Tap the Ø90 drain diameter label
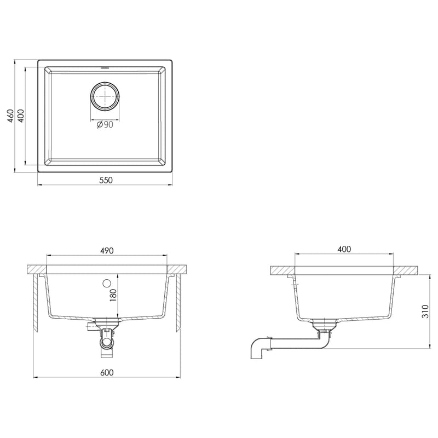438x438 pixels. tap(105, 125)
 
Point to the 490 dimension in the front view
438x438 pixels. tap(106, 250)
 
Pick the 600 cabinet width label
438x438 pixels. tap(106, 373)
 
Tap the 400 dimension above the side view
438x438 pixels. tap(344, 249)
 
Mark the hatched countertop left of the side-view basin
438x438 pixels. tap(283, 270)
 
